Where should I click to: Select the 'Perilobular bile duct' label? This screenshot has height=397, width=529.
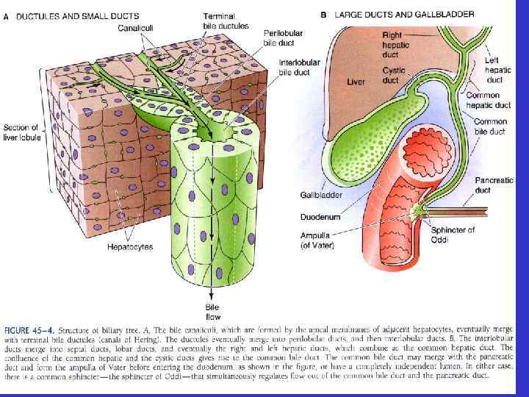coord(282,37)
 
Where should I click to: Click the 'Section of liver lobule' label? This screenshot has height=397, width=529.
coord(22,132)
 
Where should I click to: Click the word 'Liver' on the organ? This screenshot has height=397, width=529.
coord(356,82)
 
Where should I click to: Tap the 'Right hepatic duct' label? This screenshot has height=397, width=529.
coord(397,44)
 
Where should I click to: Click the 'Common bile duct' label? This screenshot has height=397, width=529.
coord(491,126)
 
